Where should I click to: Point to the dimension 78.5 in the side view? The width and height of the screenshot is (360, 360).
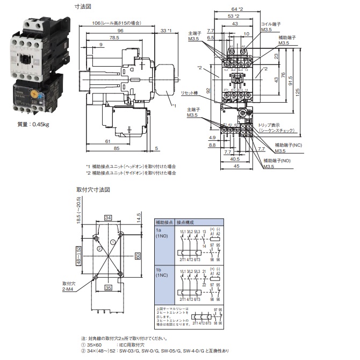tap(114, 38)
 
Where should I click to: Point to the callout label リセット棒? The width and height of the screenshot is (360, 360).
tap(190, 93)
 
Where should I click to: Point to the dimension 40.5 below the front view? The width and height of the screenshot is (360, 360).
tap(235, 159)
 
